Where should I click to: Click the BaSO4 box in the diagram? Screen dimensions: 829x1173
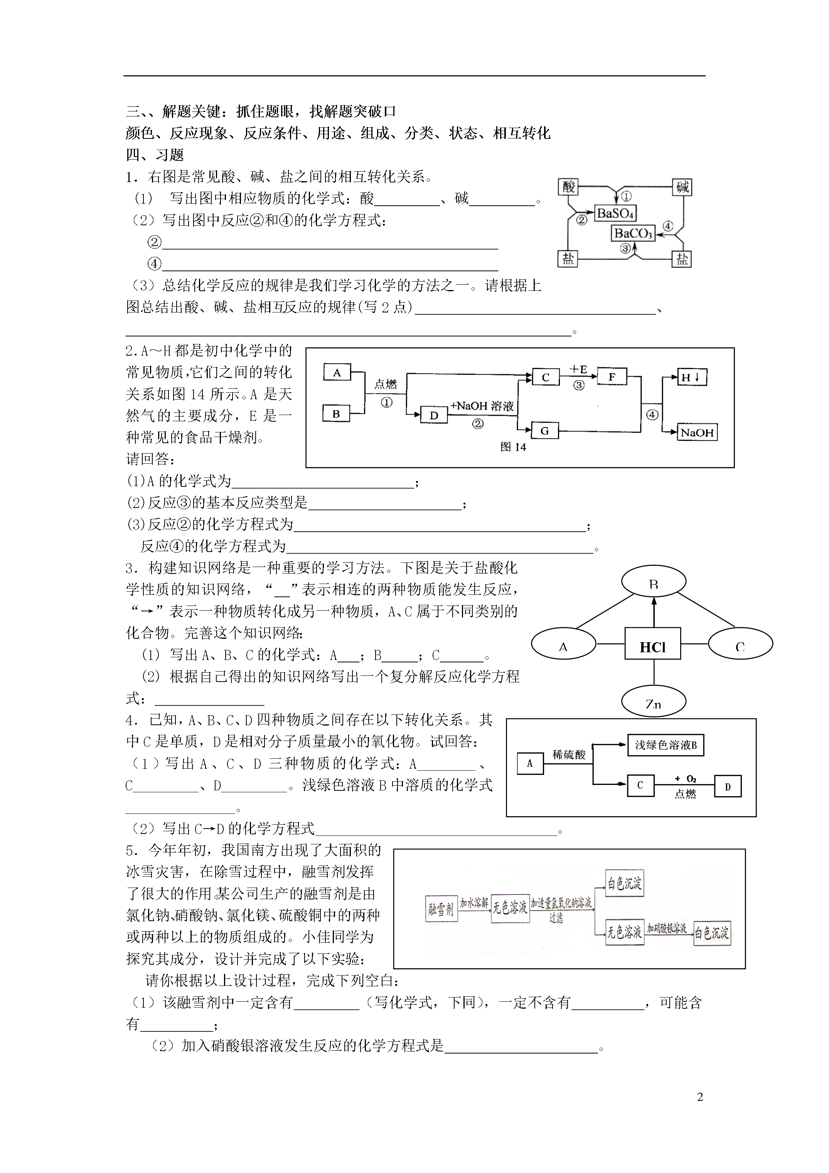(615, 213)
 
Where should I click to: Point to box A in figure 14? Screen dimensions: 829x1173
(337, 373)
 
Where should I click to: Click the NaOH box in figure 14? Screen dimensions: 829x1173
(697, 433)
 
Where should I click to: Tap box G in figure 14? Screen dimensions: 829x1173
(545, 431)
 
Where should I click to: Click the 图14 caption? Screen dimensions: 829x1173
(513, 447)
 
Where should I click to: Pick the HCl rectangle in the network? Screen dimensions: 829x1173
(653, 647)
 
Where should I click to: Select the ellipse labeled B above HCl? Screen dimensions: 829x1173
(653, 582)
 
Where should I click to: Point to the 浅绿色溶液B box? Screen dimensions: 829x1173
(666, 745)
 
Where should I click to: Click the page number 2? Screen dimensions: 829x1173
(700, 1097)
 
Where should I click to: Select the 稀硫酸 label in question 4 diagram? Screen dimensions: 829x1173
(569, 754)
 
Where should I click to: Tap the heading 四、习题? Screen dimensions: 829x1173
(155, 155)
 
